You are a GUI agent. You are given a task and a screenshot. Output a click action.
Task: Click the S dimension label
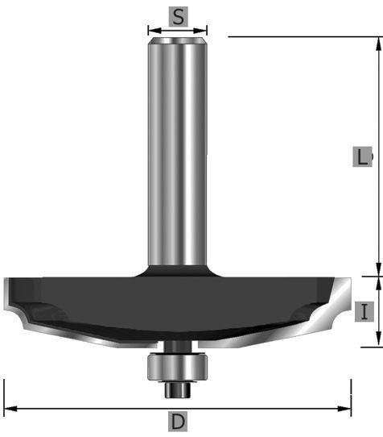pyautogui.click(x=179, y=17)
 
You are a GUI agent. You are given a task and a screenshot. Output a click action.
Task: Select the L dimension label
pyautogui.click(x=362, y=157)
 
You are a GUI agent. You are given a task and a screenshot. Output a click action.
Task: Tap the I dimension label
pyautogui.click(x=364, y=312)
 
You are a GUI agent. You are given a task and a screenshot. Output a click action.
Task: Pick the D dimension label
pyautogui.click(x=178, y=422)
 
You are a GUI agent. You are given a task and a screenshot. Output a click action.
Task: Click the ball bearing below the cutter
pyautogui.click(x=177, y=367)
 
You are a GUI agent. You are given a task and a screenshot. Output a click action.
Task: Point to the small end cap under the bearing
pyautogui.click(x=178, y=389)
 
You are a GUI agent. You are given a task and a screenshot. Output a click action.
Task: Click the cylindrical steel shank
pyautogui.click(x=177, y=151)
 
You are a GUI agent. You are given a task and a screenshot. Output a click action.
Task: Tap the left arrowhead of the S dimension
pyautogui.click(x=154, y=31)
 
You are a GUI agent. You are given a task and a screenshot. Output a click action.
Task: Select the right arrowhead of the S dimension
pyautogui.click(x=200, y=31)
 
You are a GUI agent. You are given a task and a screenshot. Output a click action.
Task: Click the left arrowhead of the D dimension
pyautogui.click(x=10, y=409)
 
